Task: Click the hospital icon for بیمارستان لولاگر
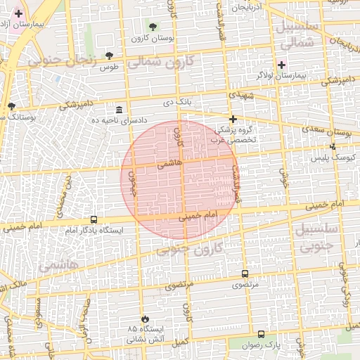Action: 281,64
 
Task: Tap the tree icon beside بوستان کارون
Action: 153,27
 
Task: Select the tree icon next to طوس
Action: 109,55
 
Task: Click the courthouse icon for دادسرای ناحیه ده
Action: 119,110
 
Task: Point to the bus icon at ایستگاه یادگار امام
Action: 94,219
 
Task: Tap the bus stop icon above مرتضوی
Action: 245,274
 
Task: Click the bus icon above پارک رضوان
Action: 262,335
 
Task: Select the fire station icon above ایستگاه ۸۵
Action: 145,319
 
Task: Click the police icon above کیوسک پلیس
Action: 333,146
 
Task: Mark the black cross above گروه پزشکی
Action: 233,119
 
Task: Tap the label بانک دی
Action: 177,103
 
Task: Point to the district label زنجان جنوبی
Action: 61,60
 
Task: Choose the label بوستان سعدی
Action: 330,131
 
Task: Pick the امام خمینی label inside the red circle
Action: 200,216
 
